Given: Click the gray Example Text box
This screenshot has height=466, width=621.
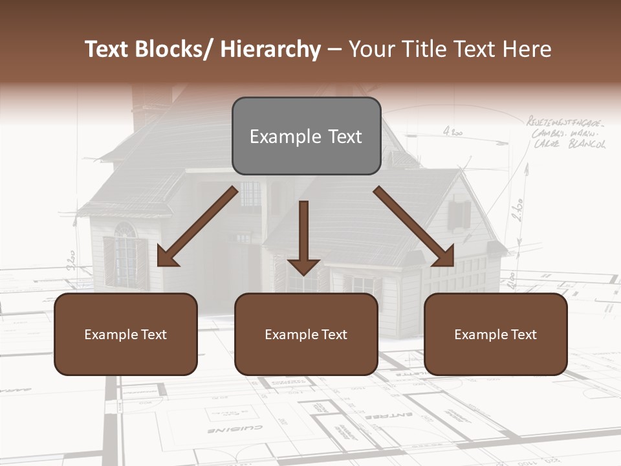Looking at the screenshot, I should point(306,136).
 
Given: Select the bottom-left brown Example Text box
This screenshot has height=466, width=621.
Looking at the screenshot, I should point(125,334).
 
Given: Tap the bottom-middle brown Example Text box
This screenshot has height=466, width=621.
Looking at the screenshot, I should point(306,334).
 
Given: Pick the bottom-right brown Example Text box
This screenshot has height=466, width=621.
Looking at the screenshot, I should point(496,334).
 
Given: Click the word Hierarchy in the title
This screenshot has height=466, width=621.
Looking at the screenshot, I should point(270,49).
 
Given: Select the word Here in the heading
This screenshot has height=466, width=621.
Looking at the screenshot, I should point(527,49).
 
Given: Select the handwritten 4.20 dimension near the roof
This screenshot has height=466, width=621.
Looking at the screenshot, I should point(453,132).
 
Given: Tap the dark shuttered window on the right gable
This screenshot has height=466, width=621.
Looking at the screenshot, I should point(459,214).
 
